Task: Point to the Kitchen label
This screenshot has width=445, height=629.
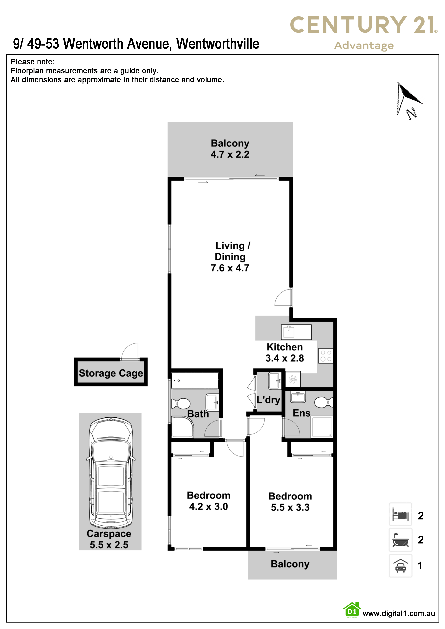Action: coord(285,347)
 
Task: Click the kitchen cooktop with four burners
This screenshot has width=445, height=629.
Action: coord(326,356)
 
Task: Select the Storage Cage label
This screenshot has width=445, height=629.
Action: coord(111,373)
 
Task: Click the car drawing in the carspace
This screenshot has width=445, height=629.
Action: coord(111,473)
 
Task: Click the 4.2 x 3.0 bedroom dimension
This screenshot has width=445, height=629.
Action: coord(208,507)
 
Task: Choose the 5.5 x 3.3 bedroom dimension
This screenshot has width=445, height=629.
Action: coord(290,507)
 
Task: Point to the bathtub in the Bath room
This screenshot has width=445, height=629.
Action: coord(195,380)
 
